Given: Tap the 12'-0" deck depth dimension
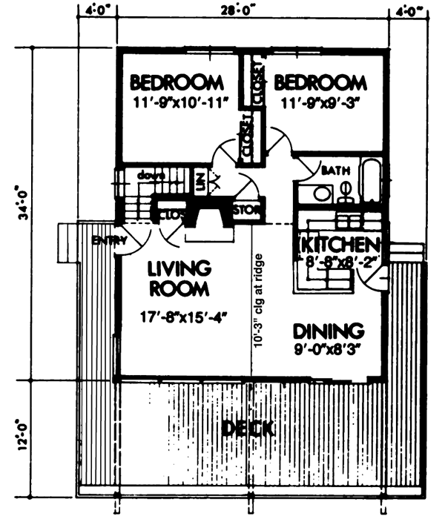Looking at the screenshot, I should point(25,437).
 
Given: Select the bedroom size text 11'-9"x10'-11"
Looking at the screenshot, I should point(177,99).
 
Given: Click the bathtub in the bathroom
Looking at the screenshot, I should point(371,182).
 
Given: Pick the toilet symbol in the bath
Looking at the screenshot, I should point(346,194).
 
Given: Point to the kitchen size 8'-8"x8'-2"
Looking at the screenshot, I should point(339,260).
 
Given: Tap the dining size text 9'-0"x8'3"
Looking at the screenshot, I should point(327,346).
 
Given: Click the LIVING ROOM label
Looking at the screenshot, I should point(178,277).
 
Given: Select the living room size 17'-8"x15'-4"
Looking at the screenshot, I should point(182,317).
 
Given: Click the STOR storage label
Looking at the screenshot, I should point(248,211).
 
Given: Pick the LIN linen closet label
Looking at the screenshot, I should point(200,181).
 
